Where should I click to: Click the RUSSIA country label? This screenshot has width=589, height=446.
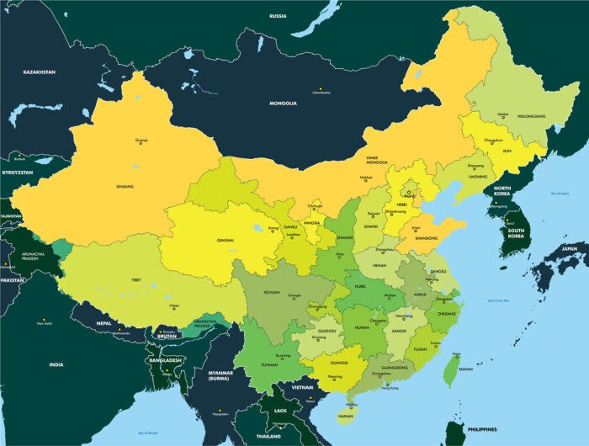click(x=278, y=16)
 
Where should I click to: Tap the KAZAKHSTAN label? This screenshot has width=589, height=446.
click(x=39, y=72)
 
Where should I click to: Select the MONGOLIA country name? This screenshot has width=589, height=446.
click(x=283, y=104)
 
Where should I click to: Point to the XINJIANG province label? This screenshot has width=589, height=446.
click(x=125, y=186)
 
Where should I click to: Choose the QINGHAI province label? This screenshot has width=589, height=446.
click(x=226, y=241)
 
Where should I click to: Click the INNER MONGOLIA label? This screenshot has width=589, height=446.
click(x=378, y=161)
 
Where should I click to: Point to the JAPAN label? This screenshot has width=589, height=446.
click(x=570, y=249)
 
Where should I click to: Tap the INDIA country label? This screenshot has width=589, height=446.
click(x=56, y=364)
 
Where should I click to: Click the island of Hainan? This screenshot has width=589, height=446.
click(x=345, y=412)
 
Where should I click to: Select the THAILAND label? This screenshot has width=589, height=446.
click(x=268, y=437)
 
